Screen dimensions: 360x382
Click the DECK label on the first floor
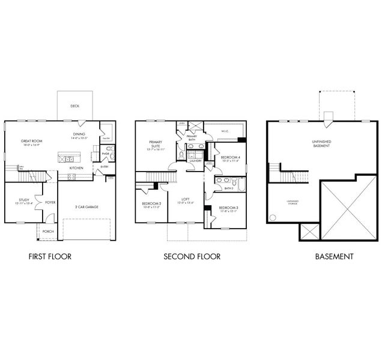(74, 106)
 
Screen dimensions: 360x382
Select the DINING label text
(79, 134)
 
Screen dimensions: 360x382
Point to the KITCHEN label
(76, 168)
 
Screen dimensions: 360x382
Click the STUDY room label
(24, 200)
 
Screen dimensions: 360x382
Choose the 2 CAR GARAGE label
(87, 206)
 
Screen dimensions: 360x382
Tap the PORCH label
(47, 231)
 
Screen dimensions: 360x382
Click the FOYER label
(50, 202)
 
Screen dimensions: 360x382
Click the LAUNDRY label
(195, 161)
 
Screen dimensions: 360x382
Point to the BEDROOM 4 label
(231, 158)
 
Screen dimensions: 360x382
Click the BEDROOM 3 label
(229, 208)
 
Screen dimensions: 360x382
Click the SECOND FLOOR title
(192, 257)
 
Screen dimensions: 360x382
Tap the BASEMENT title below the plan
(334, 257)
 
